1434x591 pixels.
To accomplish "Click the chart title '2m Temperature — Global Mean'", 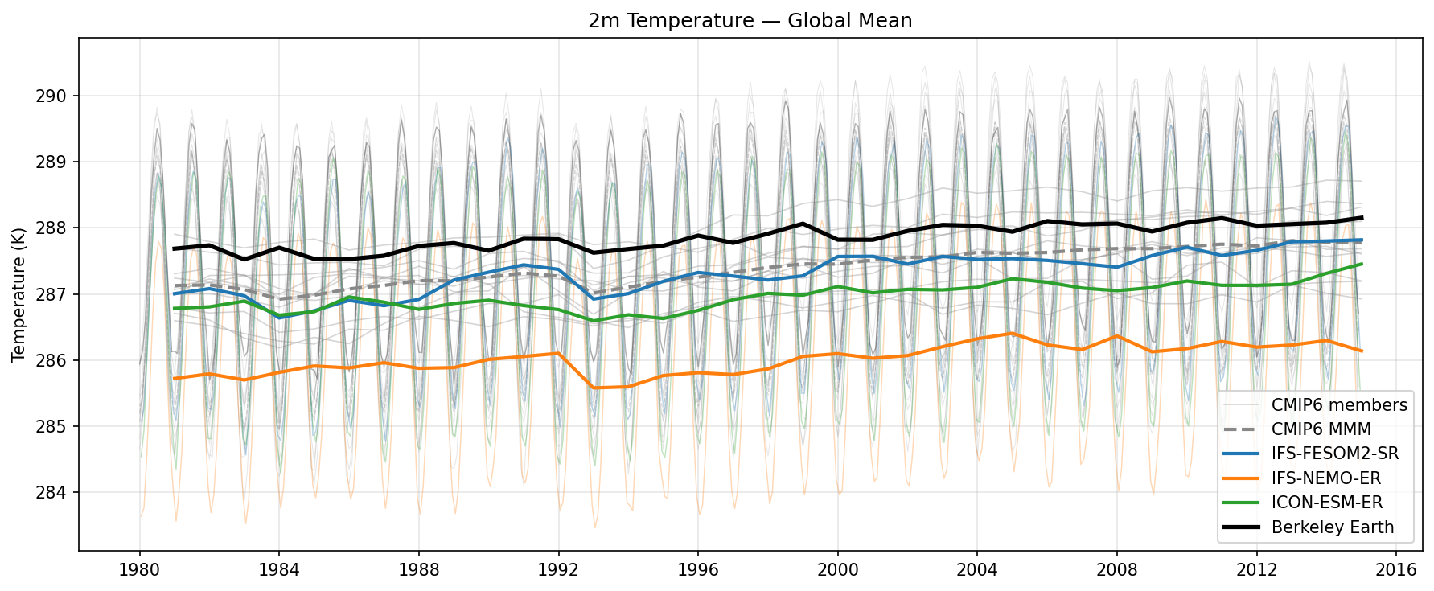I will point(750,20).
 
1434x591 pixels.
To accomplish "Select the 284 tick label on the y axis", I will point(56,492).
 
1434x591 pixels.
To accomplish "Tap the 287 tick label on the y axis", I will point(56,294).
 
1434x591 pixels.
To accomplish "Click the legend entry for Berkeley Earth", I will point(1333,527).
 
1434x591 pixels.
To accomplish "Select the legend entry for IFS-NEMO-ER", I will point(1325,478).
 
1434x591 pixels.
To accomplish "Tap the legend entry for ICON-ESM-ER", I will point(1327,503).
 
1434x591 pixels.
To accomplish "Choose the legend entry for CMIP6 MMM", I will point(1321,429).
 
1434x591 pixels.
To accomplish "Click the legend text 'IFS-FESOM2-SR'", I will point(1335,454).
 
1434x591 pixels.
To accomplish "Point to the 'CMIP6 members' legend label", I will point(1339,404).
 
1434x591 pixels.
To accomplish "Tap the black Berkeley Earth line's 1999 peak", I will point(803,224).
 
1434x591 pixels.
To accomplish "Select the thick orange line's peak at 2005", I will point(1012,333).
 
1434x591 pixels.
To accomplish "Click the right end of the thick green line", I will point(1361,264).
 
